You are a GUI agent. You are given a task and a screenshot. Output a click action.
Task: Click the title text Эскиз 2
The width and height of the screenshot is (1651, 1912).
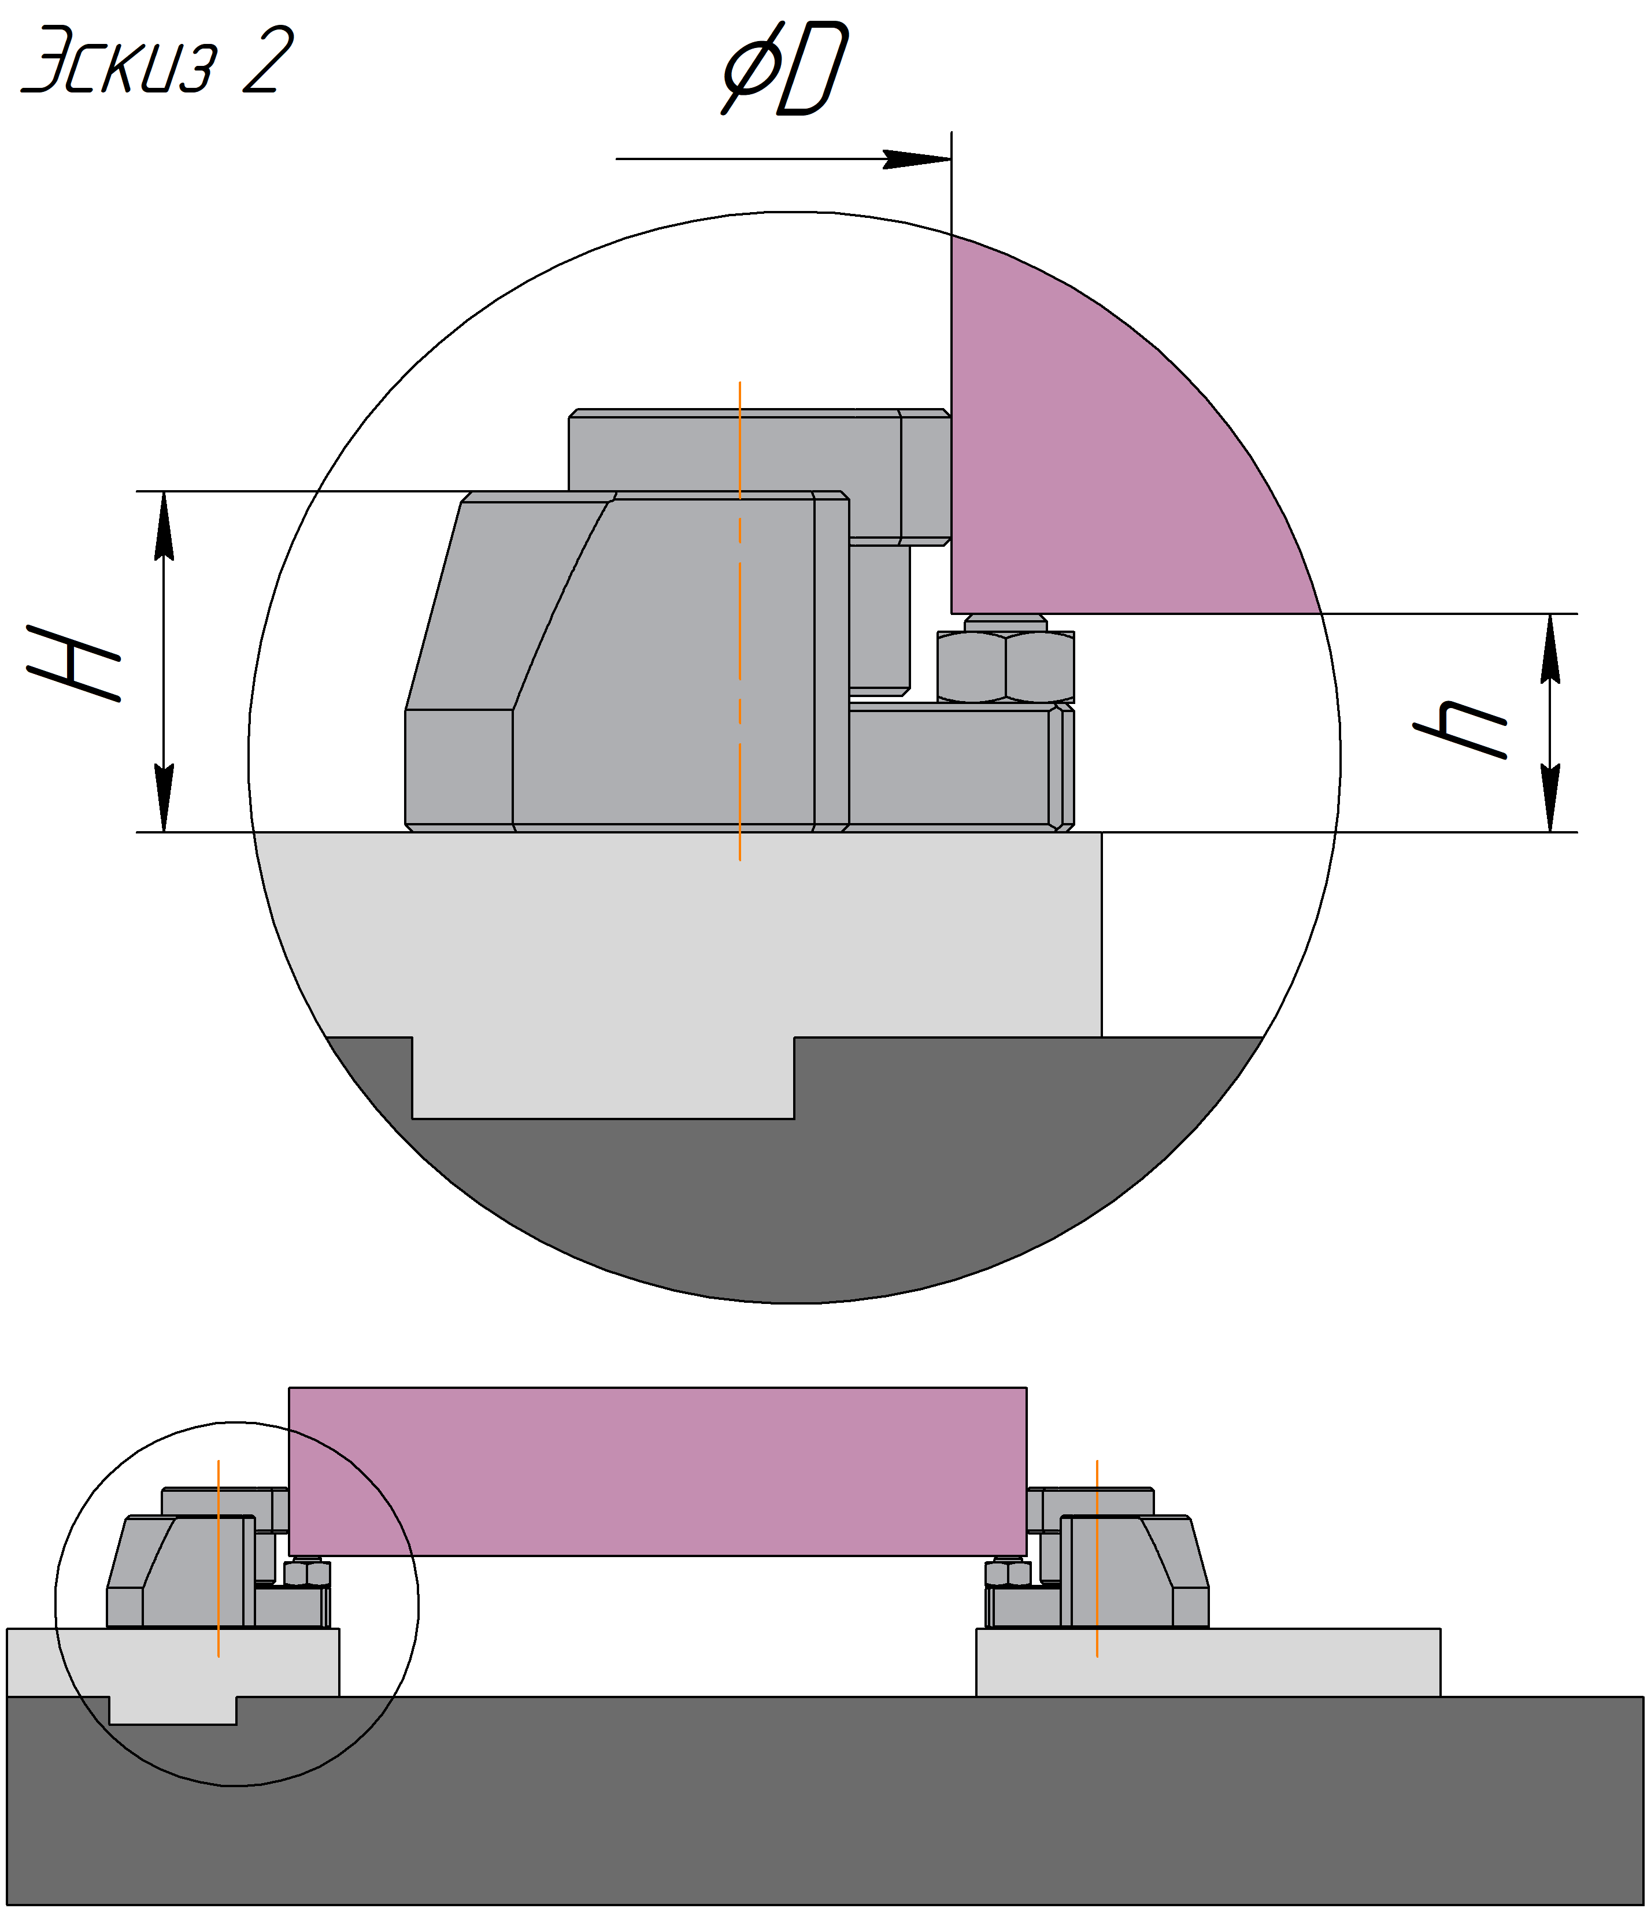tap(157, 60)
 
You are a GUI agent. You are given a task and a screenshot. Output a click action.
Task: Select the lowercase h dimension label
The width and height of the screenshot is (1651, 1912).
tap(1461, 729)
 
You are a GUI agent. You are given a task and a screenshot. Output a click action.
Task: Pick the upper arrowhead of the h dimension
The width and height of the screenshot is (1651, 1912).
tap(1552, 648)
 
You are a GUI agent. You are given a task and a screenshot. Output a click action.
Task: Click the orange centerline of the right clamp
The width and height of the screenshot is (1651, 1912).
tap(1097, 1559)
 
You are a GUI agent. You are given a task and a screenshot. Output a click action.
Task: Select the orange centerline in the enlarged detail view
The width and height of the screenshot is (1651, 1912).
tap(739, 621)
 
